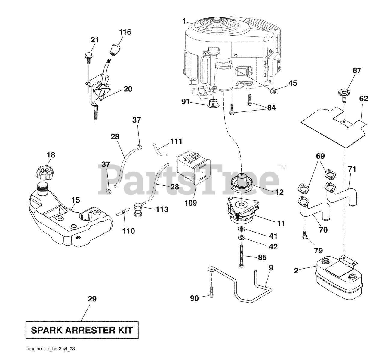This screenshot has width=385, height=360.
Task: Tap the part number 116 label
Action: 125,32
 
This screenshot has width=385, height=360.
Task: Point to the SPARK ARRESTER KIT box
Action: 82,330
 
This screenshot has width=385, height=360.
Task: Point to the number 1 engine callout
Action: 184,21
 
